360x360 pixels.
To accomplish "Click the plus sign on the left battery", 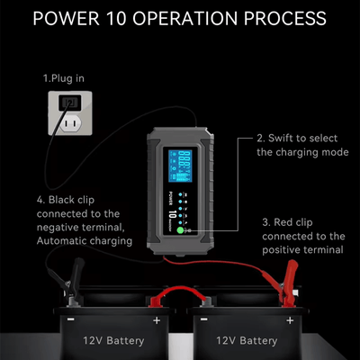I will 156,319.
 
